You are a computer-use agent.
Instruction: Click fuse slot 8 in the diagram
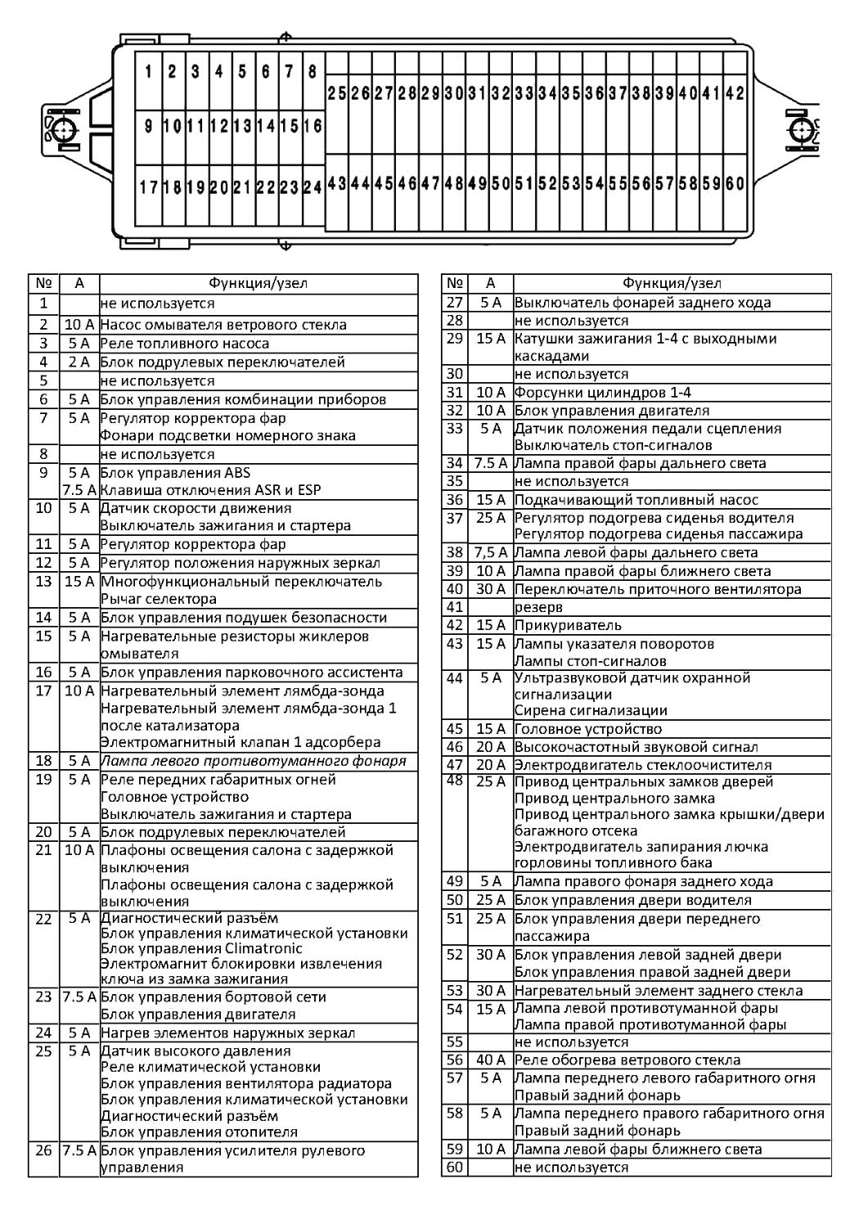(313, 72)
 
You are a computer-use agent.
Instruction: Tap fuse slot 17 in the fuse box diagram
(148, 187)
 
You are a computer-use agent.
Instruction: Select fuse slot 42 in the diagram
(735, 93)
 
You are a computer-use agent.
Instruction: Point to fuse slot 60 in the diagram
(735, 183)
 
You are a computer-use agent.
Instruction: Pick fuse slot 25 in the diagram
(336, 93)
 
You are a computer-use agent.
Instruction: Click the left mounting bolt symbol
(62, 129)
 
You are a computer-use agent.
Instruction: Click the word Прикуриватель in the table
(568, 625)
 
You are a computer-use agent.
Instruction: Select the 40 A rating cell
(490, 1060)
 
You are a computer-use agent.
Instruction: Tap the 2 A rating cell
(79, 362)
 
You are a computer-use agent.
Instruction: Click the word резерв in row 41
(538, 607)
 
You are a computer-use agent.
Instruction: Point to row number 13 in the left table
(43, 581)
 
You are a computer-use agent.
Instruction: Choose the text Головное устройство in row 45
(587, 728)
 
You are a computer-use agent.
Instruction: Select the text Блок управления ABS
(175, 472)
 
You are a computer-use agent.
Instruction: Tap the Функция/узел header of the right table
(671, 283)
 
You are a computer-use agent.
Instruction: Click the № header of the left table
(43, 283)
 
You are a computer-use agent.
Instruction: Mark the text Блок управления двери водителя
(632, 900)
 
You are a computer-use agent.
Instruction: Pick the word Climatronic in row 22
(259, 948)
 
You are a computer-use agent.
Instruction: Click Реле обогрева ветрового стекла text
(627, 1060)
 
